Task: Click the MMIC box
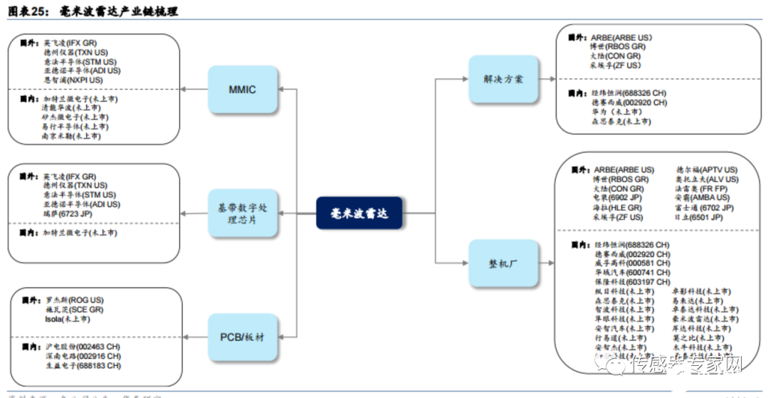click(242, 89)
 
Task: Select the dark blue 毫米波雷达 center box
click(360, 213)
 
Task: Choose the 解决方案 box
click(503, 78)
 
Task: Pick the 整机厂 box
click(503, 264)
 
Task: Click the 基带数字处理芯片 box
click(242, 213)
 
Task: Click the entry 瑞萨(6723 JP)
click(68, 214)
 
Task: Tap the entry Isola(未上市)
click(67, 320)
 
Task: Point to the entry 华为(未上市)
click(616, 112)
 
